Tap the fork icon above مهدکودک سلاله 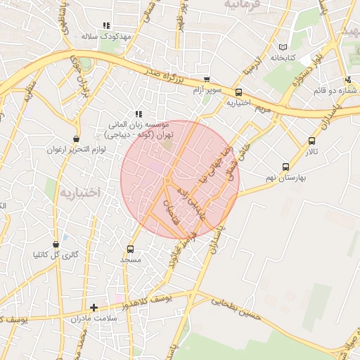106,25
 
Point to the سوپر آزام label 208,91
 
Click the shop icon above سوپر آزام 207,80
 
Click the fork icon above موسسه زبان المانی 139,113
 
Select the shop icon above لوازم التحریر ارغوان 76,139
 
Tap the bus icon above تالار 311,141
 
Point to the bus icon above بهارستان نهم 285,167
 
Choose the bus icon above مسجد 130,249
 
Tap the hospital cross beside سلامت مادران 94,307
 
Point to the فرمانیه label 247,4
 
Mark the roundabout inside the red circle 167,181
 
